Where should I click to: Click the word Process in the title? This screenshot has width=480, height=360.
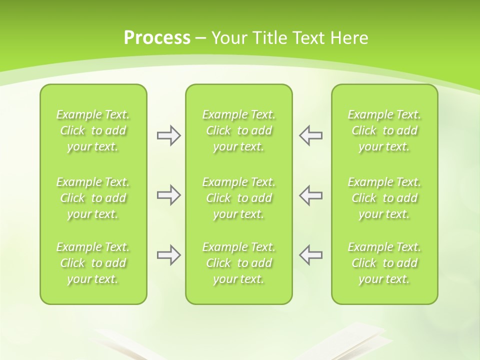point(157,38)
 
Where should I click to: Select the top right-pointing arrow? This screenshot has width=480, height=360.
point(168,135)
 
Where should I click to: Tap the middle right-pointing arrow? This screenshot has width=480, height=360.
point(168,195)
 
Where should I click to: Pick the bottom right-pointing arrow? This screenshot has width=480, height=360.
point(168,255)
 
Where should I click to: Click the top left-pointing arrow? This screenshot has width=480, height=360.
point(311,135)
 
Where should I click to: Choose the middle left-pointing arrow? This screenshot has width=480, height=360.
point(311,195)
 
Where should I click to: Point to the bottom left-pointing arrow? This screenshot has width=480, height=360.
point(311,255)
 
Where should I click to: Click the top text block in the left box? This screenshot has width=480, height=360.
point(93,130)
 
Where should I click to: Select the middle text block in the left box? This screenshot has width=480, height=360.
point(93,198)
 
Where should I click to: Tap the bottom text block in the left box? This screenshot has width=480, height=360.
point(93,263)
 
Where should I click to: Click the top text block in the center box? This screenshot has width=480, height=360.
point(239,130)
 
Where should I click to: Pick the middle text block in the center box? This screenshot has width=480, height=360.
point(239,198)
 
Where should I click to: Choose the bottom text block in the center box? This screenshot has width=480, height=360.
point(239,263)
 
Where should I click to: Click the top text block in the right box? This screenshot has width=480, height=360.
point(384,130)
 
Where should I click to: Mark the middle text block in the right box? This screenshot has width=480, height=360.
point(384,198)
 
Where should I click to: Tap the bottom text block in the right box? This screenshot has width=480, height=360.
point(384,263)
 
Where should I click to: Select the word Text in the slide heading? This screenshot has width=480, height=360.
point(307,38)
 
